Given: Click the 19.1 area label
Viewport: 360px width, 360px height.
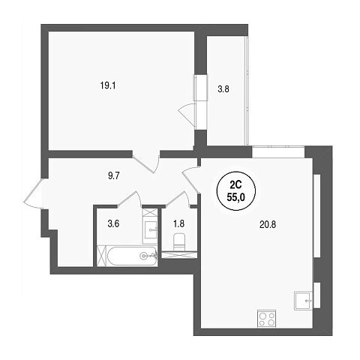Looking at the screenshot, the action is [x=108, y=86].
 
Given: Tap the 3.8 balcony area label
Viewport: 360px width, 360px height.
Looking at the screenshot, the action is [x=223, y=89].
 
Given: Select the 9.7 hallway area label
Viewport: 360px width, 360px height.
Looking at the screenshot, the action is [x=114, y=176].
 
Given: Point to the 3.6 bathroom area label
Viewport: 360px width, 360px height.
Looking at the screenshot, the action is [x=113, y=223].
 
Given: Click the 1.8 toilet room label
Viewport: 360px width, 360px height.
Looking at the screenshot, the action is [x=178, y=223].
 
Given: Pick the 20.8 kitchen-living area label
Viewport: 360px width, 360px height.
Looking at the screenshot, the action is [x=267, y=225].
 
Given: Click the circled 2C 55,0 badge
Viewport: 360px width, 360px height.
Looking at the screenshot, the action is [x=236, y=190].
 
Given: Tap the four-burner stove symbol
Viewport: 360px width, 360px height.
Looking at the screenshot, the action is [x=267, y=318].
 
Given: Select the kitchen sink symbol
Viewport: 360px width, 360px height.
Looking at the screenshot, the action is [x=304, y=301].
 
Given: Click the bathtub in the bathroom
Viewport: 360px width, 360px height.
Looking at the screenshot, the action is [x=133, y=256].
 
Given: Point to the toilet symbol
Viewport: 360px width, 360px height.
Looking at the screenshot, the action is [x=178, y=241].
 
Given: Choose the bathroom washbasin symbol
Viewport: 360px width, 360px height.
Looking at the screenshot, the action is [x=150, y=230].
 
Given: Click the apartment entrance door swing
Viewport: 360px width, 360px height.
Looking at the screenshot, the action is [x=34, y=193].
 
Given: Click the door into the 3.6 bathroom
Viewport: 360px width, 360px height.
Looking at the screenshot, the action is [x=130, y=199].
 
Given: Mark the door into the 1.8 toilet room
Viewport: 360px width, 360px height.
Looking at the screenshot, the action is [x=178, y=199].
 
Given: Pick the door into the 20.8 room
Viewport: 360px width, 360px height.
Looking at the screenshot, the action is [x=191, y=179].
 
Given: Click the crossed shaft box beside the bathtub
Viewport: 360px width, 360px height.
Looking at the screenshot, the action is [x=102, y=256].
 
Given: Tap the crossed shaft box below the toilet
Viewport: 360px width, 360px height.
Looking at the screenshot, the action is [x=179, y=255].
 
